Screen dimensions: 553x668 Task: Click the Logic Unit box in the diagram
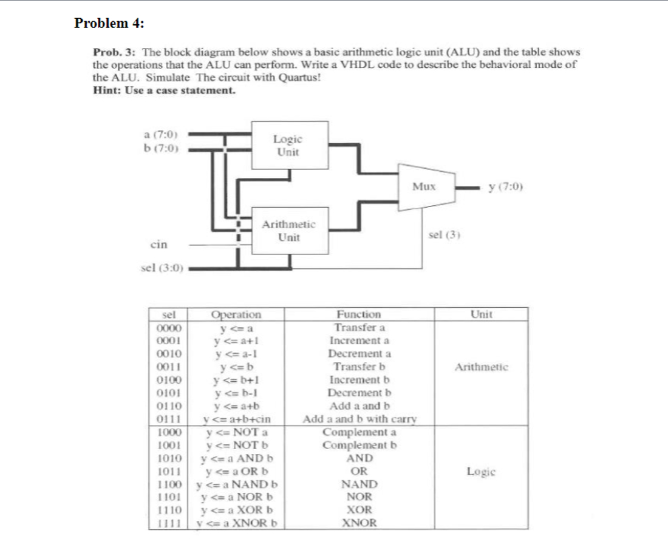(288, 146)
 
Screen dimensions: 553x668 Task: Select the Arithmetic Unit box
(288, 231)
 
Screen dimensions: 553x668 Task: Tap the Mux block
(423, 186)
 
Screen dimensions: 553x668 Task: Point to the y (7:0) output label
(505, 186)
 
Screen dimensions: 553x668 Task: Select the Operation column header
(236, 314)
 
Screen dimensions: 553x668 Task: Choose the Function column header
(359, 314)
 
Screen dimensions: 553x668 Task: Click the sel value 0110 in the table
(167, 406)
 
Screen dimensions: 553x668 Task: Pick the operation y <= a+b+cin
(237, 419)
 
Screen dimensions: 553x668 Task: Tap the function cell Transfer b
(359, 367)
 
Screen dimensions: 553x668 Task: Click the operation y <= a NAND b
(237, 484)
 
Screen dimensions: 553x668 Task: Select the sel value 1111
(167, 523)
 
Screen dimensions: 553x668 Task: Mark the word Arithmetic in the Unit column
(482, 367)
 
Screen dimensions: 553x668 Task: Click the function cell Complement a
(359, 432)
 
